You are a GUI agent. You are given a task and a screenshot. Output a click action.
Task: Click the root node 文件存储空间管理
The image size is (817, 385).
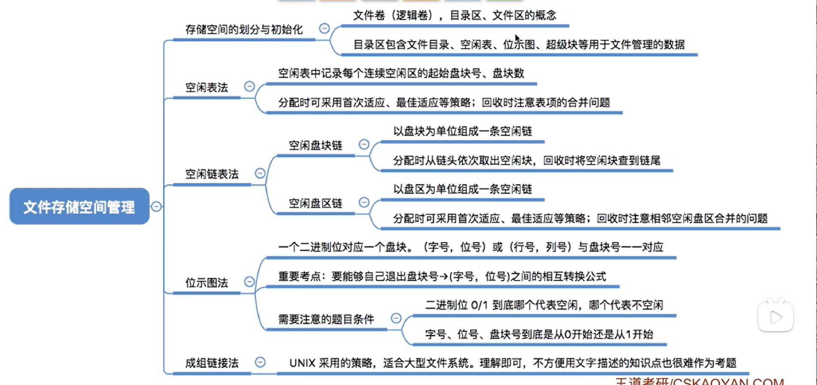pyautogui.click(x=79, y=206)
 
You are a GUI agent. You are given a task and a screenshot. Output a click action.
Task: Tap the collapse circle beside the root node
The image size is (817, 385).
pyautogui.click(x=156, y=206)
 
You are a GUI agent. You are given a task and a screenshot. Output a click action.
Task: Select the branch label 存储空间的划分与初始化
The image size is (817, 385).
pyautogui.click(x=244, y=30)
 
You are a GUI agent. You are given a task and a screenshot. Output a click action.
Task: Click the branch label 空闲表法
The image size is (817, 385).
pyautogui.click(x=206, y=88)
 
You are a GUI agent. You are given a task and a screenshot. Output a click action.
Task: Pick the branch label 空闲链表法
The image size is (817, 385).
pyautogui.click(x=212, y=174)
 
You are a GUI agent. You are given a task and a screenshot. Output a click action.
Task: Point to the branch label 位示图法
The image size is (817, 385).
pyautogui.click(x=206, y=283)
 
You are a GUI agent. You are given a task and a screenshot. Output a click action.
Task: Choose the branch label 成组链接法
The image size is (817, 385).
pyautogui.click(x=212, y=363)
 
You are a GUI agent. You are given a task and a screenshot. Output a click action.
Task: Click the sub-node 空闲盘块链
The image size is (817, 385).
pyautogui.click(x=315, y=146)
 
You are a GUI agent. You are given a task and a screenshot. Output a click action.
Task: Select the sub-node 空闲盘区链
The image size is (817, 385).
pyautogui.click(x=315, y=203)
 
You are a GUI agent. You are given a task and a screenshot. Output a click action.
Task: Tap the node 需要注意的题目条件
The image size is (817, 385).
pyautogui.click(x=326, y=319)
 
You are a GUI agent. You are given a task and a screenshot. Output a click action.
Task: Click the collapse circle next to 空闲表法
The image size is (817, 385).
pyautogui.click(x=249, y=86)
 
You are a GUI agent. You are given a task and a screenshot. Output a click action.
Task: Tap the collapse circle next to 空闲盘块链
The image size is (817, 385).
pyautogui.click(x=364, y=144)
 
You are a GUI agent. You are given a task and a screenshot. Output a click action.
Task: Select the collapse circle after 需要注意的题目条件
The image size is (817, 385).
pyautogui.click(x=396, y=318)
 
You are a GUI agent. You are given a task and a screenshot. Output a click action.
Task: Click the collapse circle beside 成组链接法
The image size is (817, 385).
pyautogui.click(x=260, y=362)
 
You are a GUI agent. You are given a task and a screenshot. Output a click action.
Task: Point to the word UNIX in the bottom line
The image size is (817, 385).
pyautogui.click(x=303, y=363)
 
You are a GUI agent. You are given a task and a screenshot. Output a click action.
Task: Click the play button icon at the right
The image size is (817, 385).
pyautogui.click(x=776, y=317)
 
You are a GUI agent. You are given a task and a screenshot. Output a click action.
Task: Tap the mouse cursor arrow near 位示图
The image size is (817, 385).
pyautogui.click(x=517, y=38)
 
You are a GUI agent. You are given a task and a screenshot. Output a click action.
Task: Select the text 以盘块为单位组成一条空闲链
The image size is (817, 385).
pyautogui.click(x=463, y=131)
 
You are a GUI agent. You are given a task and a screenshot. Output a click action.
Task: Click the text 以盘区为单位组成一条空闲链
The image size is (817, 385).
pyautogui.click(x=463, y=189)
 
